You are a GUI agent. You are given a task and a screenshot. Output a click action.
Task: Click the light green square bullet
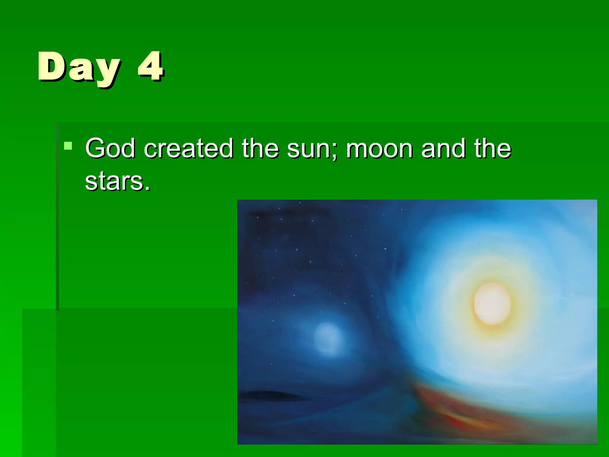(x=68, y=146)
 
